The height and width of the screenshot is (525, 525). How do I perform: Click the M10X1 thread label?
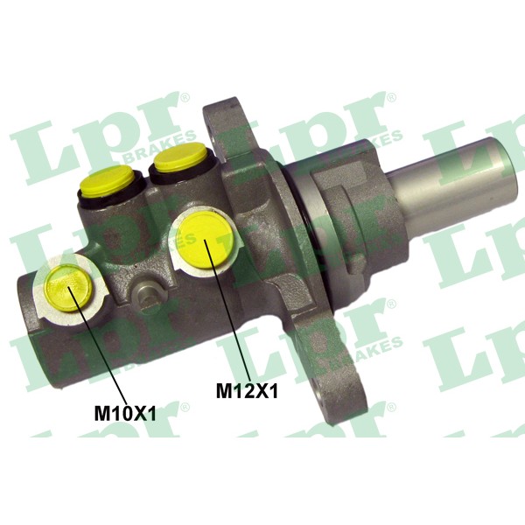[x=125, y=414]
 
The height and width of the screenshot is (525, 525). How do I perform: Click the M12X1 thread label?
[x=247, y=391]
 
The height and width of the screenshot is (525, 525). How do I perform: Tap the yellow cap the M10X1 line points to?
[x=68, y=288]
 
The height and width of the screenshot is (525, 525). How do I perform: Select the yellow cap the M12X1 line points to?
[x=205, y=240]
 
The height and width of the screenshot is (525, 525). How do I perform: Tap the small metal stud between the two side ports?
[x=144, y=295]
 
